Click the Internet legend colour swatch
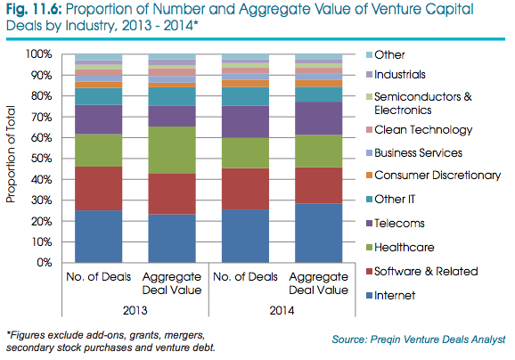[369, 295]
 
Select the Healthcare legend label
[405, 248]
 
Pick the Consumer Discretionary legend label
[437, 175]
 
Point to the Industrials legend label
[400, 75]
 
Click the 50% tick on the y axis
[41, 159]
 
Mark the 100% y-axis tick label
[39, 53]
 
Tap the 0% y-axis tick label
[45, 263]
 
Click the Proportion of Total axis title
[11, 154]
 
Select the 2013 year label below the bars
[135, 310]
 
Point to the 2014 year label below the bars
[282, 310]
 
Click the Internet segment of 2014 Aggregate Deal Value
[319, 233]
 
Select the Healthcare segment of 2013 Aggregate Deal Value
[172, 150]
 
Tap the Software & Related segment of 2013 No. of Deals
[99, 189]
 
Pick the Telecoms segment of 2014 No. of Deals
[245, 122]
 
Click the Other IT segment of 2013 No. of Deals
[99, 96]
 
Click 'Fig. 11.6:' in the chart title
[34, 10]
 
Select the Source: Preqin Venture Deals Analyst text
[419, 340]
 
